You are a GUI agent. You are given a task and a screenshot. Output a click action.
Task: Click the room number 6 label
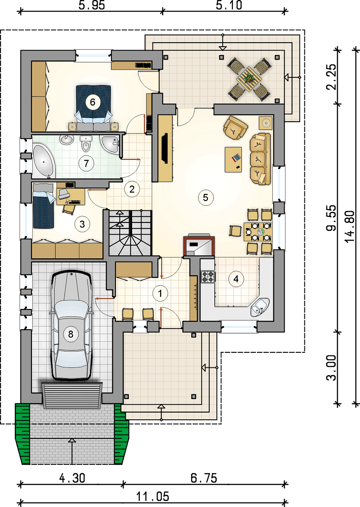93,102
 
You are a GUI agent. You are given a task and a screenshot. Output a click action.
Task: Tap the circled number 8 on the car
71,334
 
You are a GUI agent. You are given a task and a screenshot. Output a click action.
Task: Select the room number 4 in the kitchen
236,279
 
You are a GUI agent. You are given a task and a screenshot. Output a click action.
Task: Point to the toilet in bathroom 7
86,144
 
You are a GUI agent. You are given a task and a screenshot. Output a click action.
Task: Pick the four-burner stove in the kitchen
208,276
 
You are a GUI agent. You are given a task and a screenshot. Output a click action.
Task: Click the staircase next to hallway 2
130,233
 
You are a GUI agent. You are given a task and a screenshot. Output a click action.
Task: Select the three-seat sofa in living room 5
260,158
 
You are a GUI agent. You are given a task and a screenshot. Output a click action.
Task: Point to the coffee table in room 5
233,160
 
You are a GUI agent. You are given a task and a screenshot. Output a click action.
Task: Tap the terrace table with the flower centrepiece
249,79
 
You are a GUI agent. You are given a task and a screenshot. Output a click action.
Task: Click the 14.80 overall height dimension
349,226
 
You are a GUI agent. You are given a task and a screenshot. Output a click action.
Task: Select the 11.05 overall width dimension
153,496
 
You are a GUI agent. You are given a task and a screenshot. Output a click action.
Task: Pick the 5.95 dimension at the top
92,5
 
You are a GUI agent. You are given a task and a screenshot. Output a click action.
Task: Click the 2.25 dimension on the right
331,77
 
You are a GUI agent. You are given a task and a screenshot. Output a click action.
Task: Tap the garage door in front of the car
72,395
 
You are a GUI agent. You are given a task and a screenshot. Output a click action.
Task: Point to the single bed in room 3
44,206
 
